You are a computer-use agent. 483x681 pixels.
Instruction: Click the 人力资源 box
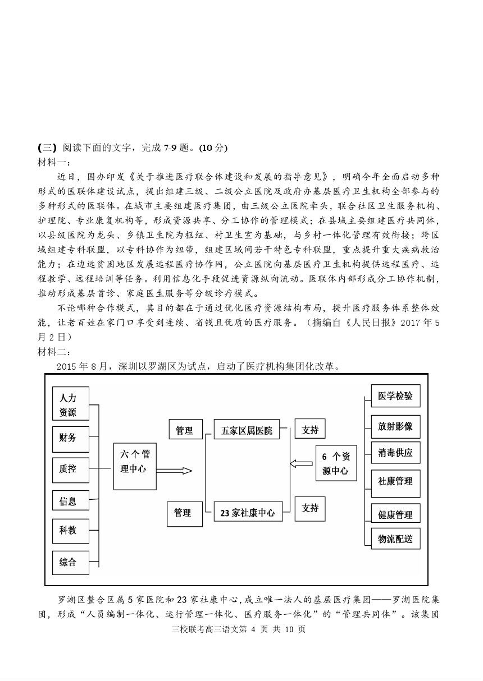(x=70, y=404)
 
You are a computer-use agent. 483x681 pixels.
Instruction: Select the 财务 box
(x=70, y=438)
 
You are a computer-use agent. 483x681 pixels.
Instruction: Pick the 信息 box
(x=70, y=501)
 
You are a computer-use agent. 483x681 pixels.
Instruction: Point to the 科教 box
(x=70, y=530)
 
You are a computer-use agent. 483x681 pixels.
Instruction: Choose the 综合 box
(x=70, y=562)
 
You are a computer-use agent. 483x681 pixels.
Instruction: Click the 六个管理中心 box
(x=134, y=461)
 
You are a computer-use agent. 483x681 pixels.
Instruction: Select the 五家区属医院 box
(x=247, y=430)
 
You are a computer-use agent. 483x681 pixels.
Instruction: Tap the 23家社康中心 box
(x=247, y=512)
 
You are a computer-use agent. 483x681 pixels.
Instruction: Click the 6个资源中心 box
(x=336, y=463)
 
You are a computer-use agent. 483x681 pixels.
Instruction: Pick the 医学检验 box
(x=395, y=396)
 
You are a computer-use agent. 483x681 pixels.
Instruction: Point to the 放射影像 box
(x=395, y=426)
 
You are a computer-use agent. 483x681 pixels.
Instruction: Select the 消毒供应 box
(x=395, y=453)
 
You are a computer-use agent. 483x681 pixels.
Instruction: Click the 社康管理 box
(x=395, y=481)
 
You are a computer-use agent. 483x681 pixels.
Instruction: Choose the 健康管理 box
(x=395, y=514)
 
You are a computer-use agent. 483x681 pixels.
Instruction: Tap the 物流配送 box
(x=395, y=539)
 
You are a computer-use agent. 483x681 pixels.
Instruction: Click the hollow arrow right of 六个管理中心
(x=174, y=471)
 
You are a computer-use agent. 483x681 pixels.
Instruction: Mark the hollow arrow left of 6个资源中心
(x=301, y=463)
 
